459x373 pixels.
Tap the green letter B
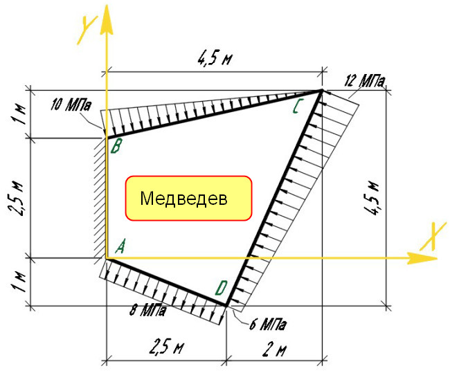116,146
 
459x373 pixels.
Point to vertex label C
296,107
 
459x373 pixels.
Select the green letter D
221,288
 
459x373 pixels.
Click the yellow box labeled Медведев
188,198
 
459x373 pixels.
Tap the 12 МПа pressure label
365,81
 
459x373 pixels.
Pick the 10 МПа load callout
71,105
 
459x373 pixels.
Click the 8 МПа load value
147,310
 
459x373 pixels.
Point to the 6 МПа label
267,324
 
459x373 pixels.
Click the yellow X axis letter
433,237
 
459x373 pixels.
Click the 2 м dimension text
274,349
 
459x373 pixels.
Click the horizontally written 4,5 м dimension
215,59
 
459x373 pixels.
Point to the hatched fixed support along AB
100,198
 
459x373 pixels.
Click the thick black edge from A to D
166,282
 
